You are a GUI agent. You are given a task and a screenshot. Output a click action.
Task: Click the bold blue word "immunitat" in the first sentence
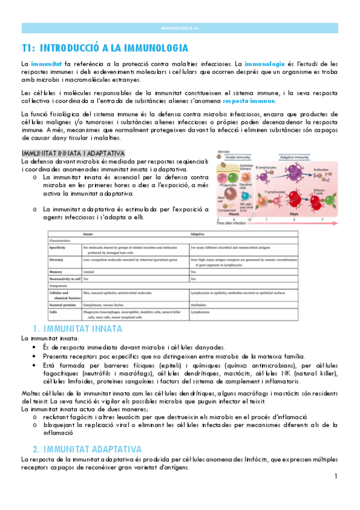pyautogui.click(x=46, y=63)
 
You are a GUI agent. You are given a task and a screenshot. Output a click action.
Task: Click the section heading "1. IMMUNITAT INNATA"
pyautogui.click(x=78, y=329)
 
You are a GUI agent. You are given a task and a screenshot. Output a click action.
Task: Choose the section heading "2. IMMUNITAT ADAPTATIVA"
pyautogui.click(x=87, y=449)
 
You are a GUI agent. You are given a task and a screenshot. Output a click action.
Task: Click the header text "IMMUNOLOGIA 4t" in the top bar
pyautogui.click(x=180, y=28)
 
